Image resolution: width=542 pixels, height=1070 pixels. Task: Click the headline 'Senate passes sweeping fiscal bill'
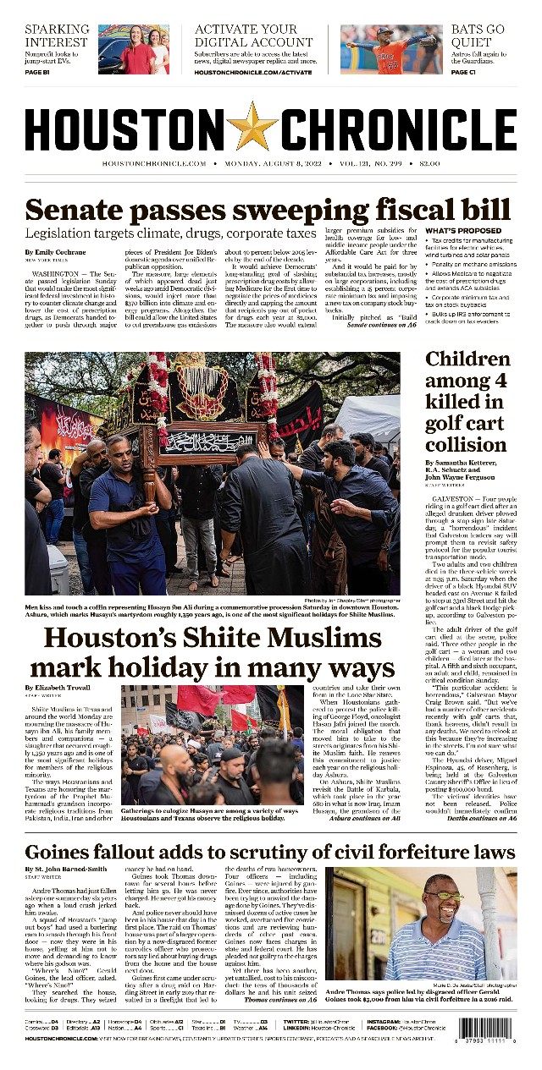pos(268,209)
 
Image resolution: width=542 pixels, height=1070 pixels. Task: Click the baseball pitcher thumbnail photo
pos(379,49)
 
